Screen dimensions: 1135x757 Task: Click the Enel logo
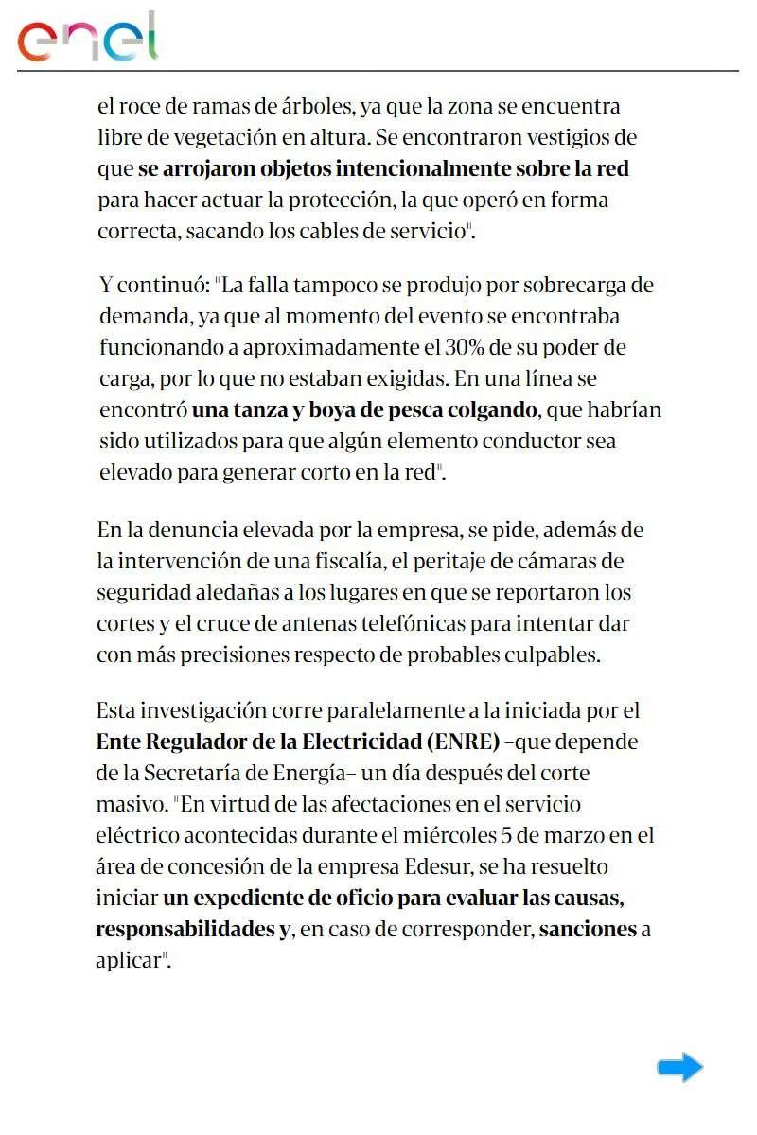click(88, 38)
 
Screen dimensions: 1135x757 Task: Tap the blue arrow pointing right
click(679, 1068)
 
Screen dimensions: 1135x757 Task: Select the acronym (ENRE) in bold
click(463, 741)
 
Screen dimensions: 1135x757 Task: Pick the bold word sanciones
click(587, 929)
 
